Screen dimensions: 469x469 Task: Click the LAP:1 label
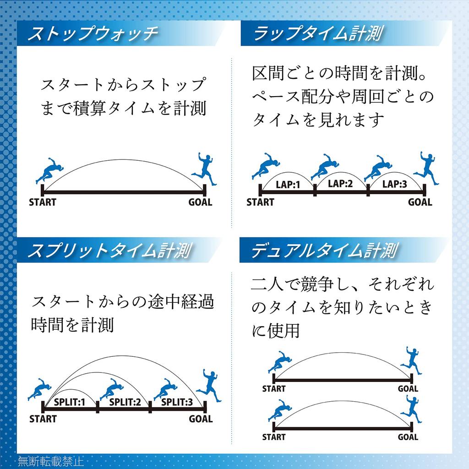288,185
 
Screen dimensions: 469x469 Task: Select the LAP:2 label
340,183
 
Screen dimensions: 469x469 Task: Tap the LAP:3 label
394,184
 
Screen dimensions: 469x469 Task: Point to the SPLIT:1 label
70,402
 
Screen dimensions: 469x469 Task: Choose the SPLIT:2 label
125,402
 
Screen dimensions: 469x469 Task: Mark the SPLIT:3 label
177,402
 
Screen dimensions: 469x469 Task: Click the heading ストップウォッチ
93,33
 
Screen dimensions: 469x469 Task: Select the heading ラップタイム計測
318,33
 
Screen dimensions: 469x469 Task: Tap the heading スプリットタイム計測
109,251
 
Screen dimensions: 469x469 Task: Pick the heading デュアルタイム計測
325,251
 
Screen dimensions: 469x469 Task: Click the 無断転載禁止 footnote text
50,461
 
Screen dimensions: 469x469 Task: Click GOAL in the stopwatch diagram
200,202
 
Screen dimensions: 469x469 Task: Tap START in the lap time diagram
260,202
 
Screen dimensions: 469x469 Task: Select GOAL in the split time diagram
201,419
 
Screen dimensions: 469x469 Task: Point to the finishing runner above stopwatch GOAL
205,169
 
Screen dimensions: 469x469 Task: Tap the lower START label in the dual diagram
274,437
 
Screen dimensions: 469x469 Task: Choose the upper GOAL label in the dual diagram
408,389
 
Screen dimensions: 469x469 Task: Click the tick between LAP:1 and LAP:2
315,190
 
